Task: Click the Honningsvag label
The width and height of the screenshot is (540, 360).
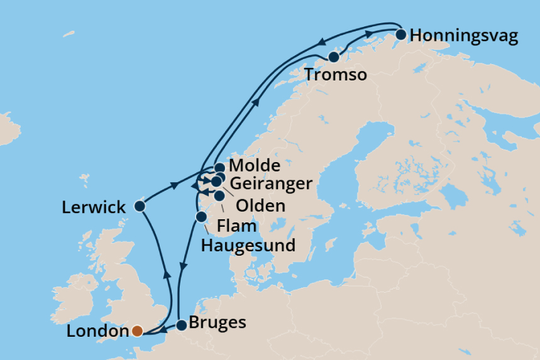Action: click(464, 36)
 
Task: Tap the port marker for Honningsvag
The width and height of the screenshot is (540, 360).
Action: click(400, 34)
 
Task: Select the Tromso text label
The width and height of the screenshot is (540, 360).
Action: click(336, 76)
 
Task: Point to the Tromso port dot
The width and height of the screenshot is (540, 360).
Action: click(334, 57)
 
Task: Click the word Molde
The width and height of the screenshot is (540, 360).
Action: click(255, 167)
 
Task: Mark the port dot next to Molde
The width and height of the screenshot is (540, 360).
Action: click(219, 168)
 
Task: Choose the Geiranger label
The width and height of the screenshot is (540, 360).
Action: click(271, 184)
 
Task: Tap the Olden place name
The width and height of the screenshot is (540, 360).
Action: click(259, 206)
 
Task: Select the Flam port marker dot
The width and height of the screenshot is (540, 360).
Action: click(219, 195)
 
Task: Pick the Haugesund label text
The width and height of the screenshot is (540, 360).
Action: click(248, 245)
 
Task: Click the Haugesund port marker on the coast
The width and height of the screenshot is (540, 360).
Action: click(201, 217)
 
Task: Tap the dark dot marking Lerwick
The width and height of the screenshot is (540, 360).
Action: click(140, 206)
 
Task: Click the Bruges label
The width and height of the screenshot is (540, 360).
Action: click(218, 324)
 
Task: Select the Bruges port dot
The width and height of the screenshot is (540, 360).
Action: click(181, 325)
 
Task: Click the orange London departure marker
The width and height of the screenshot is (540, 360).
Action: click(136, 330)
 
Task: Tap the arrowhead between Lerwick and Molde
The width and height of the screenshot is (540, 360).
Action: click(174, 186)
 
